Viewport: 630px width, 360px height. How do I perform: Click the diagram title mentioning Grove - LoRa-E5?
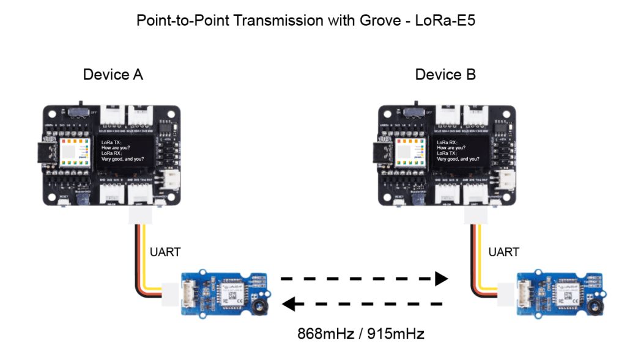coord(314,20)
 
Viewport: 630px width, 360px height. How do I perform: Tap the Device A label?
coord(113,75)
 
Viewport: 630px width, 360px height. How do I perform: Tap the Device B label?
coord(445,75)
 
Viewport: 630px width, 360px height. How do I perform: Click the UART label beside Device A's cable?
coord(165,252)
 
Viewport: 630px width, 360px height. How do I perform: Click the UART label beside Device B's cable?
coord(503,252)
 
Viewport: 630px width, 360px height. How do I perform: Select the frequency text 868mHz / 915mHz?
coord(361,334)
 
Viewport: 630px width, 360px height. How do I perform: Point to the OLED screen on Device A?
coord(126,151)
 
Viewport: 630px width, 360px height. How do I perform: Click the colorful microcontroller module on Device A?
coord(74,152)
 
